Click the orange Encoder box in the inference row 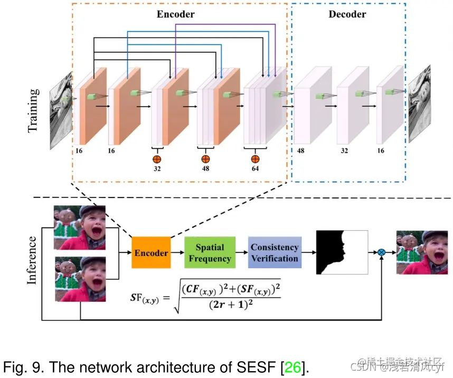click(x=151, y=252)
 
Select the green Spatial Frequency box click(x=210, y=253)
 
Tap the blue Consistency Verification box click(x=275, y=253)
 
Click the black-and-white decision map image click(x=342, y=252)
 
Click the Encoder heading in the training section click(x=176, y=14)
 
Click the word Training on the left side click(x=33, y=110)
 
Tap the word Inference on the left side click(x=32, y=261)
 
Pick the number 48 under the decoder click(x=301, y=150)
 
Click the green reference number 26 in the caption click(x=293, y=366)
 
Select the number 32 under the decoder click(x=344, y=150)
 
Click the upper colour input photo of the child click(x=80, y=228)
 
